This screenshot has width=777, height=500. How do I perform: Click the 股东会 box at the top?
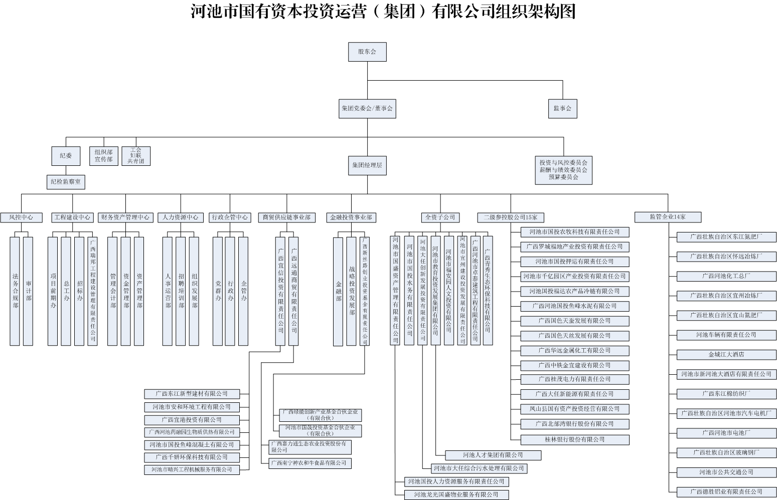pos(367,52)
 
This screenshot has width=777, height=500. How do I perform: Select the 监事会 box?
pos(562,108)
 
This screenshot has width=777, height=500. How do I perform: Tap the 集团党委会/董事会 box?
pos(367,108)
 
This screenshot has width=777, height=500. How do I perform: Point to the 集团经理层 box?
pos(367,165)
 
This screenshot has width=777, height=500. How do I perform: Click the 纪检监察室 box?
pos(66,181)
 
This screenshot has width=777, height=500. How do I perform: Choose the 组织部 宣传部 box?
pos(104,155)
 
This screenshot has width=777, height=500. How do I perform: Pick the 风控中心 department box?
pos(21,217)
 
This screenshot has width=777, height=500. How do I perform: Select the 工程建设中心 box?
pos(72,217)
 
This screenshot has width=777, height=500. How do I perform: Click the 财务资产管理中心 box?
pos(125,217)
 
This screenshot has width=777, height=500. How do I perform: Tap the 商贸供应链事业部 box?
pos(286,217)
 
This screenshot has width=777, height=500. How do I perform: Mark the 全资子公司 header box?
pos(440,217)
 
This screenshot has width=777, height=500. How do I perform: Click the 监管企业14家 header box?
pos(668,217)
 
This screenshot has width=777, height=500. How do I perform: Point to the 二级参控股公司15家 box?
pos(510,217)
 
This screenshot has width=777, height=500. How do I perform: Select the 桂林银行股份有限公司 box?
pos(574,439)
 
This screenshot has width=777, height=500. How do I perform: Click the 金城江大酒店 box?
pos(726,354)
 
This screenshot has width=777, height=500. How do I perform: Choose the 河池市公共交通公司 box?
pos(726,472)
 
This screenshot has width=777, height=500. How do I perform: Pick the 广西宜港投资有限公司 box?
pos(192,420)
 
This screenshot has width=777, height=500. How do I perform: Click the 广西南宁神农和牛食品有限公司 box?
pos(309,463)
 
